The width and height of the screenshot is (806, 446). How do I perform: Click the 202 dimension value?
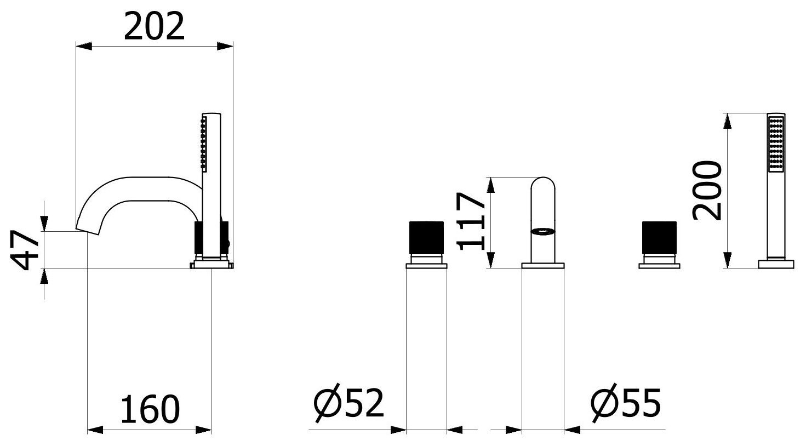point(154,26)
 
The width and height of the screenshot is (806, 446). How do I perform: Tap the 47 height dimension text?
point(25,250)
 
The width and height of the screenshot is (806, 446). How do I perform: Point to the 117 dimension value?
point(471,221)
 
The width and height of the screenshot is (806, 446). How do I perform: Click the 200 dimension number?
point(707,190)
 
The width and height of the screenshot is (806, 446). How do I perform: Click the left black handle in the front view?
point(426,238)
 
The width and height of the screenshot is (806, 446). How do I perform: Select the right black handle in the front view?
point(659,238)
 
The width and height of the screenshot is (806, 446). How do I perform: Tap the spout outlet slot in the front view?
point(544,231)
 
